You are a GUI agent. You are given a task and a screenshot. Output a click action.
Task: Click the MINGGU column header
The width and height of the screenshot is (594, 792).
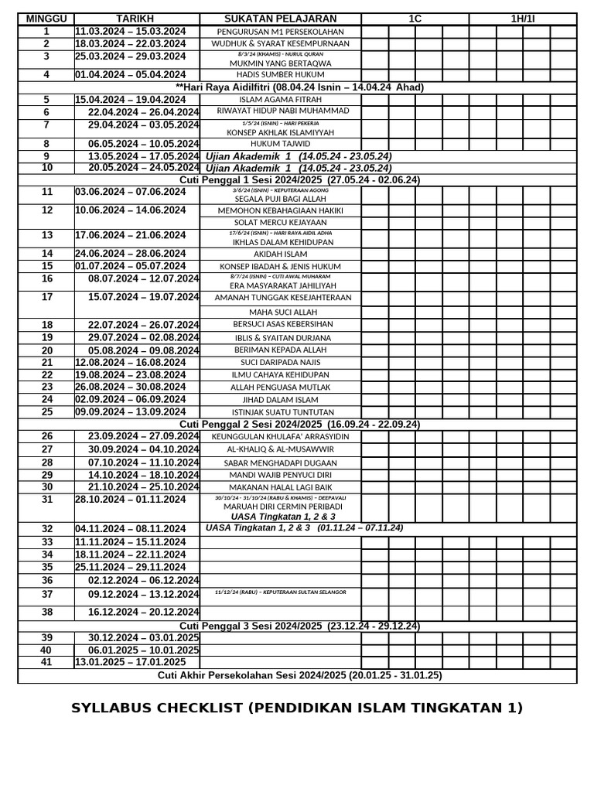click(x=46, y=19)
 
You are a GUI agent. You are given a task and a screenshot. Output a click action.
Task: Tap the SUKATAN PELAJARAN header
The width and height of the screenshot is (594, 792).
click(x=280, y=19)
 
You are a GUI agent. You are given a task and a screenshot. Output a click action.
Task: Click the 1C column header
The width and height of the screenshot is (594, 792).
click(x=415, y=19)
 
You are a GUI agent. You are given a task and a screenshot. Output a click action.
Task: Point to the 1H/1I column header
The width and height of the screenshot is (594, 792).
click(x=522, y=19)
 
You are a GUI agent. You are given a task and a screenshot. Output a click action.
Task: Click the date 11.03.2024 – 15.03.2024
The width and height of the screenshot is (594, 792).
click(x=130, y=31)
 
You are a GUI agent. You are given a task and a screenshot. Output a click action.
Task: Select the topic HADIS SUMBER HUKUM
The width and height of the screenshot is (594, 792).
click(x=281, y=75)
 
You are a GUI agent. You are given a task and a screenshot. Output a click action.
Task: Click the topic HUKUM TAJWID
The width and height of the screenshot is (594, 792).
click(x=280, y=144)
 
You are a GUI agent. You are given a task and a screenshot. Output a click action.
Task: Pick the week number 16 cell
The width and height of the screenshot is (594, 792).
click(x=46, y=278)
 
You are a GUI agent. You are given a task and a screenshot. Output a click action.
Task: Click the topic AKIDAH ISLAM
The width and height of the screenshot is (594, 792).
click(x=280, y=254)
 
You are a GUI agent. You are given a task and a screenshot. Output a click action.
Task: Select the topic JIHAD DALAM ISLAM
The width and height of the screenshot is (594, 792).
click(x=280, y=399)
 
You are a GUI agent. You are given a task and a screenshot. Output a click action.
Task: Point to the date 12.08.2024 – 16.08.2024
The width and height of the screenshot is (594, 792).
click(x=130, y=362)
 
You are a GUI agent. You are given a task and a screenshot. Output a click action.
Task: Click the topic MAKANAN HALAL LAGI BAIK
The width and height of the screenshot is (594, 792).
click(x=280, y=487)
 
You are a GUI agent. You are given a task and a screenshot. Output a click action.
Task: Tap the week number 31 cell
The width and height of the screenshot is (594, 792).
click(x=46, y=500)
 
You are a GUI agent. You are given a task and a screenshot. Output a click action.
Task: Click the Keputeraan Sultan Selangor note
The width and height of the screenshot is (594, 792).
click(x=280, y=592)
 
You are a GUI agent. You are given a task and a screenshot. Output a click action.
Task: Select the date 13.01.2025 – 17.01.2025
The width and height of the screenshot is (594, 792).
click(x=130, y=662)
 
